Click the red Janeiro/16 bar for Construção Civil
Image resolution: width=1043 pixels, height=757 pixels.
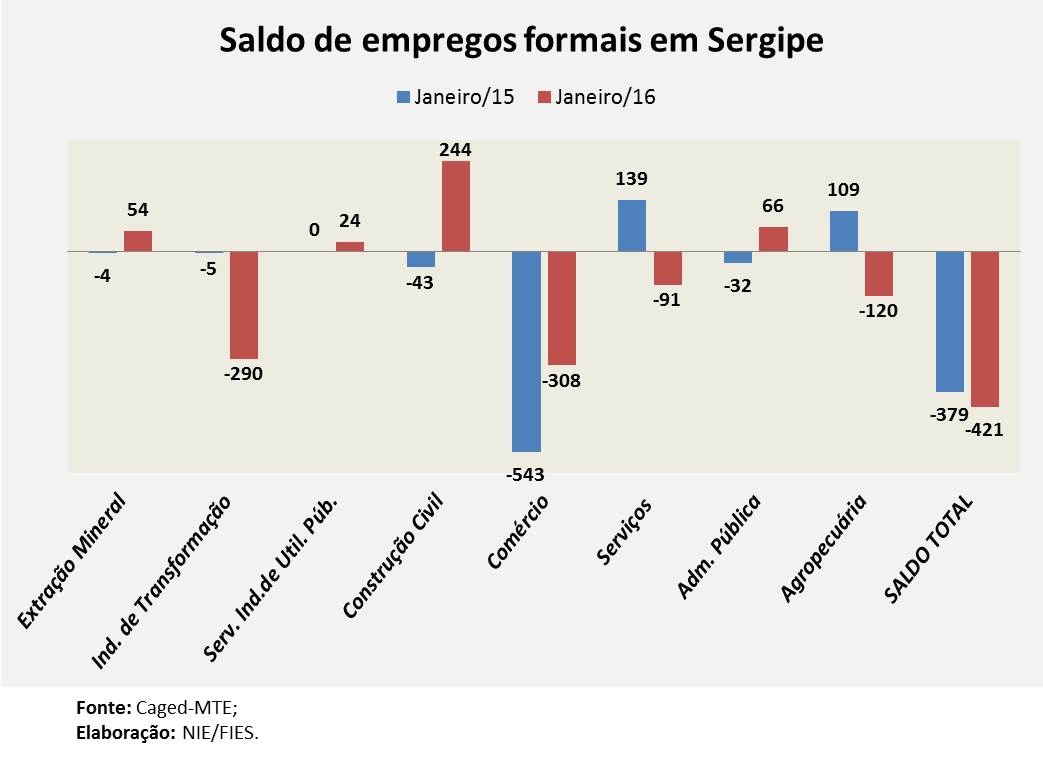(456, 205)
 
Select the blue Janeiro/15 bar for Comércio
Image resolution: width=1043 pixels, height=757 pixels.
(526, 351)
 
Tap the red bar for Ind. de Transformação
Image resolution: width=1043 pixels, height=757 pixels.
(244, 304)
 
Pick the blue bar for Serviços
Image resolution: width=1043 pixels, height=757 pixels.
(632, 225)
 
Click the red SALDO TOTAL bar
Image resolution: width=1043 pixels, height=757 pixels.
(985, 329)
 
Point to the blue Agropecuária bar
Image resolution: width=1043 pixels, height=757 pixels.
(843, 230)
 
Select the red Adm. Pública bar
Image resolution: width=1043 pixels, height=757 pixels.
(773, 239)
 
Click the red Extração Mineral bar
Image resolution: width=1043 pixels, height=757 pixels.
(138, 240)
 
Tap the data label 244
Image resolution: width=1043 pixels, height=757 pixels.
(456, 150)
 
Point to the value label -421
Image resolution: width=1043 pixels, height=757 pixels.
(985, 430)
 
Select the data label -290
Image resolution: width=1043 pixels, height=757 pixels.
(244, 374)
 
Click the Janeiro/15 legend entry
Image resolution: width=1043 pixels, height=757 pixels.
(456, 97)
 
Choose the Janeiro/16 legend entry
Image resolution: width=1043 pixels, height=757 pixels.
(596, 97)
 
